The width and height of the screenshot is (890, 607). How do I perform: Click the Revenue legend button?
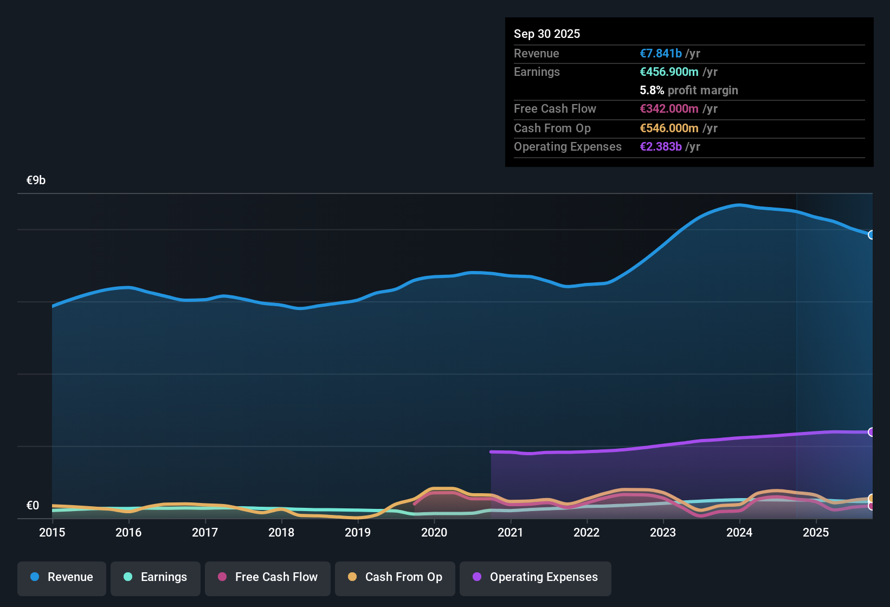62,577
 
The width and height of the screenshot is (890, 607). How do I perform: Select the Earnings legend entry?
156,577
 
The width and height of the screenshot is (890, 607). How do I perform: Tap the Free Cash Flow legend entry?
268,577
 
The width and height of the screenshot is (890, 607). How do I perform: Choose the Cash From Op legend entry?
395,577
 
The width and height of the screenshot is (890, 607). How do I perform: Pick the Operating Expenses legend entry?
536,577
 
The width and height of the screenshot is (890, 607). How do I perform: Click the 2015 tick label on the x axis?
52,532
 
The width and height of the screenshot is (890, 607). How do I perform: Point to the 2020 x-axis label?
434,532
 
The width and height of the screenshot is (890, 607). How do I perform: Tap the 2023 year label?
663,532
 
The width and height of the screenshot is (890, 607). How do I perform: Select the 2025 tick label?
816,532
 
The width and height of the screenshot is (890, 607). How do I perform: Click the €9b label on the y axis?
36,180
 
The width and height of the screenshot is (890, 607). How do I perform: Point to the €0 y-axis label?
33,506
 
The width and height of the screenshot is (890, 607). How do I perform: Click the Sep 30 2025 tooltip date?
547,34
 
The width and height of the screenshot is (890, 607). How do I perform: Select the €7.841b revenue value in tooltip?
661,53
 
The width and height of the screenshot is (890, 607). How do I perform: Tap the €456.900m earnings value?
669,72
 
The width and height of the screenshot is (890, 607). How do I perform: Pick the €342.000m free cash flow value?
669,108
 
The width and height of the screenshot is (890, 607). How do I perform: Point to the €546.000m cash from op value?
669,128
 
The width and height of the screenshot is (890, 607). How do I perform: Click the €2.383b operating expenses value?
661,146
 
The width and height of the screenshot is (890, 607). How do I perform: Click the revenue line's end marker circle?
872,235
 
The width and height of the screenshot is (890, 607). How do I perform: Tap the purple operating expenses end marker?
872,432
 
